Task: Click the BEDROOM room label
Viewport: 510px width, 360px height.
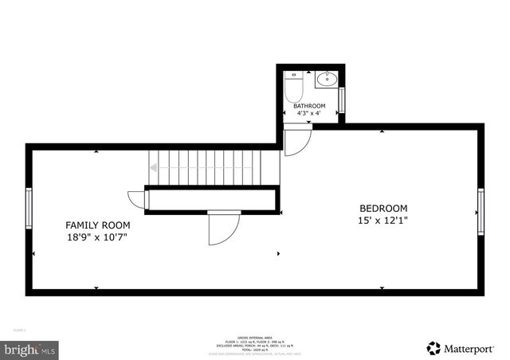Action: pos(383,208)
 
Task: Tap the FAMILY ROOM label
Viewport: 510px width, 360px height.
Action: pos(98,225)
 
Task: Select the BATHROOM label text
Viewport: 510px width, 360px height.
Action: pos(309,106)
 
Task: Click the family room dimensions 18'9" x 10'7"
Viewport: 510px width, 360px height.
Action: pos(98,237)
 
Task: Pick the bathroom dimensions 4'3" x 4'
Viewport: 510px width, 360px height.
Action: pos(309,114)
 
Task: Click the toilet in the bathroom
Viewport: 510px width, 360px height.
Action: pos(292,85)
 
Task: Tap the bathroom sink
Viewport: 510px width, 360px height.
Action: pos(327,79)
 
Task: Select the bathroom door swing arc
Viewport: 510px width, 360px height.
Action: pos(297,142)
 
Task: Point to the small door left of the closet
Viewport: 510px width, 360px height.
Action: pos(135,199)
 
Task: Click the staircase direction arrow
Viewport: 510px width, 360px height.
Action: pos(154,167)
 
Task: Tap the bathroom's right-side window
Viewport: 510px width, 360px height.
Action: pos(341,100)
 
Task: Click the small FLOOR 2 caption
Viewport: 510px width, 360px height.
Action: pos(20,329)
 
